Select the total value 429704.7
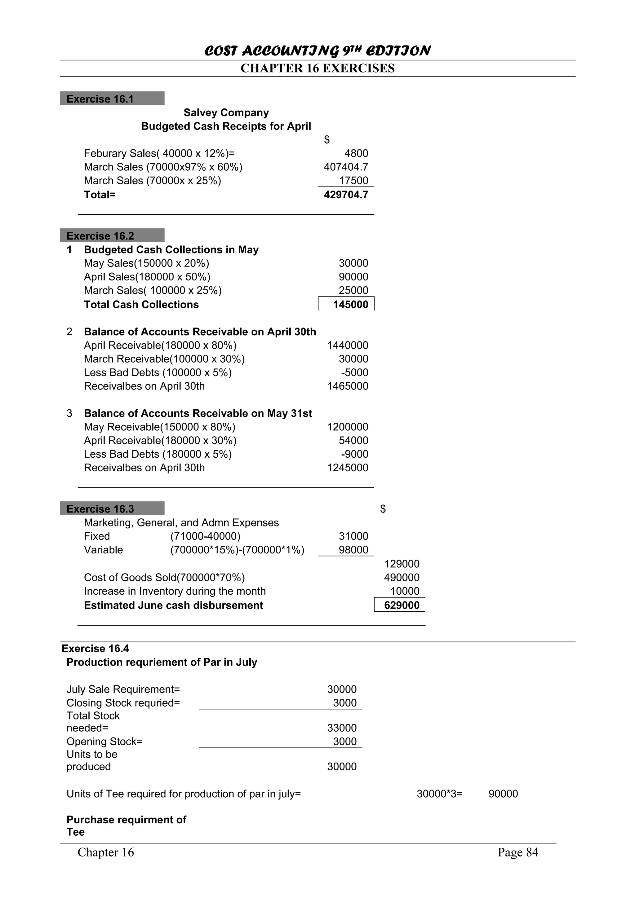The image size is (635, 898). pyautogui.click(x=346, y=195)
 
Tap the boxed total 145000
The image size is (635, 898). pyautogui.click(x=350, y=305)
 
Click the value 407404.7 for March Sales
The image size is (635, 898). pyautogui.click(x=346, y=167)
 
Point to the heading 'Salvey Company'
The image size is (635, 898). pyautogui.click(x=226, y=113)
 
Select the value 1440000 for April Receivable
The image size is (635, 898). pyautogui.click(x=348, y=346)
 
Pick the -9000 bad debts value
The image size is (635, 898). pyautogui.click(x=354, y=454)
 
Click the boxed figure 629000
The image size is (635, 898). pyautogui.click(x=402, y=605)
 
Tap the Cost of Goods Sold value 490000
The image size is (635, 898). pyautogui.click(x=402, y=578)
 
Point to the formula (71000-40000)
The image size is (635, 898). pyautogui.click(x=205, y=536)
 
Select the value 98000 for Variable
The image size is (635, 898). pyautogui.click(x=353, y=550)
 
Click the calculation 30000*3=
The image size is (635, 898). pyautogui.click(x=439, y=794)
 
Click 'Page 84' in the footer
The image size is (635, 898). pyautogui.click(x=517, y=852)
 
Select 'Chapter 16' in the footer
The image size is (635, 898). pyautogui.click(x=106, y=852)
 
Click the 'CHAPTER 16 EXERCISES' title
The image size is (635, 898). pyautogui.click(x=317, y=68)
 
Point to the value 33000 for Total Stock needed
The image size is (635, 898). pyautogui.click(x=342, y=728)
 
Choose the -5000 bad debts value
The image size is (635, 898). pyautogui.click(x=354, y=373)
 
